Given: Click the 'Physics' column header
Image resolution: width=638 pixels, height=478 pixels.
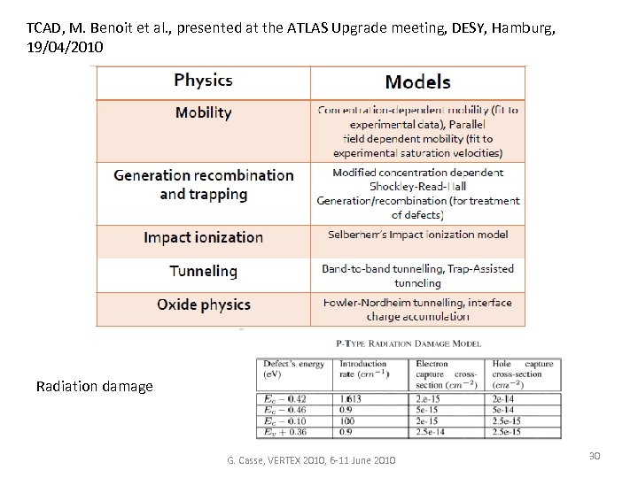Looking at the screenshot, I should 203,81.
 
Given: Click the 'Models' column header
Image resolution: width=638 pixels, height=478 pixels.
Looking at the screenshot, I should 417,82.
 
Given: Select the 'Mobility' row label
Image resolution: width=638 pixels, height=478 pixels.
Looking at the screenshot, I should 203,112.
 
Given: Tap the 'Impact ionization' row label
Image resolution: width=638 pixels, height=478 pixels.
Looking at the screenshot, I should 203,237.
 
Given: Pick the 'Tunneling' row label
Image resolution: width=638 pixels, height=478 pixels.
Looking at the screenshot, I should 203,271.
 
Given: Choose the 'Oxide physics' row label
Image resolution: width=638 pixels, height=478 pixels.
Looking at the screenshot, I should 203,305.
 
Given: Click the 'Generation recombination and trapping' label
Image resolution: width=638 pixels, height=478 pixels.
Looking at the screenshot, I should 203,184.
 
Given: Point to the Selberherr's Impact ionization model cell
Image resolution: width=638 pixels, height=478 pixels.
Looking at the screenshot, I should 417,235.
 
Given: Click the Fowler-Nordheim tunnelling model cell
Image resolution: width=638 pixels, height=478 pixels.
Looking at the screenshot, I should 417,308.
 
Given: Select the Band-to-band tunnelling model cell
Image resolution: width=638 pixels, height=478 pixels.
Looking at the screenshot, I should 417,275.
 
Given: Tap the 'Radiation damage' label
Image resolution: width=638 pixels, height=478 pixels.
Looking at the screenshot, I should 94,386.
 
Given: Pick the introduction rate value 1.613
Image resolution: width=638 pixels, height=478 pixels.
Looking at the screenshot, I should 351,400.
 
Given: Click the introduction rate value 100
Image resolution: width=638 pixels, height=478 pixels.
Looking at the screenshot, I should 347,421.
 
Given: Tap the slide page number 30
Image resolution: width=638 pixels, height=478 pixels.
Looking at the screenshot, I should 595,455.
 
